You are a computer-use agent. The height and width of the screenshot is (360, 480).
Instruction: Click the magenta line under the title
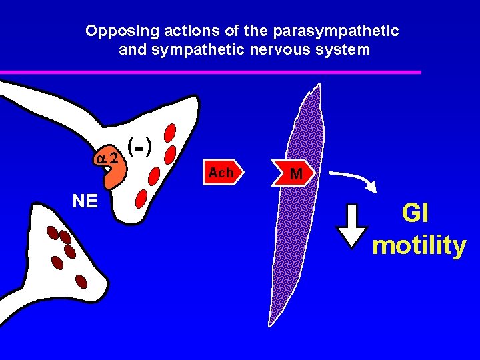[x=210, y=72]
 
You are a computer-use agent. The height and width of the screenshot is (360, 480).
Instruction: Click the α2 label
[x=107, y=159]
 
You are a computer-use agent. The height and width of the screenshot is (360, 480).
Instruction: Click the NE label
[x=85, y=201]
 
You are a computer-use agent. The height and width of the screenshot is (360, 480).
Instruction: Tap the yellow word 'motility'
[x=419, y=245]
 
